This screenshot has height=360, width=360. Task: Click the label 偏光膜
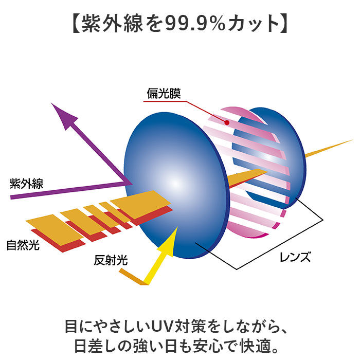(164, 94)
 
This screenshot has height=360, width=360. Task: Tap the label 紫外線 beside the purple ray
(26, 184)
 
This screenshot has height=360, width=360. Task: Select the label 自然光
(23, 245)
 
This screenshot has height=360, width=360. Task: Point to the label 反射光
(111, 260)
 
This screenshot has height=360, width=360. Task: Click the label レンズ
(295, 257)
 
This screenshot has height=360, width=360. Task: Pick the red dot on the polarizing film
(227, 122)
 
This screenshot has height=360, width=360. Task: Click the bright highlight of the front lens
(176, 184)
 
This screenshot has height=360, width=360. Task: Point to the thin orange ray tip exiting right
(353, 140)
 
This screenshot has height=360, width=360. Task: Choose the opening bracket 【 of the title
(77, 24)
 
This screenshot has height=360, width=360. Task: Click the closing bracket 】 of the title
(283, 24)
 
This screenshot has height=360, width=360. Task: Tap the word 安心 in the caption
(208, 346)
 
